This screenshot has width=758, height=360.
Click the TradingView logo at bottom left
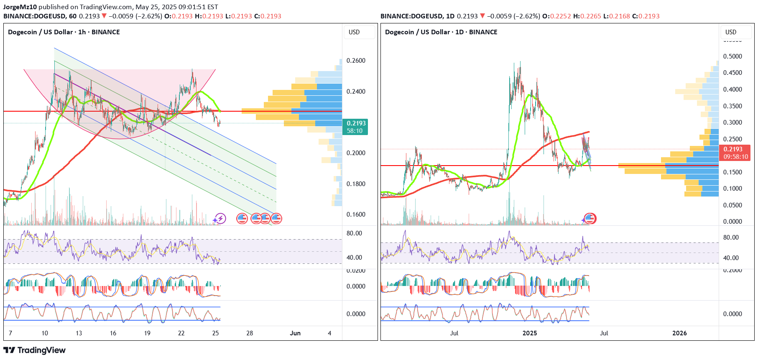[34, 350]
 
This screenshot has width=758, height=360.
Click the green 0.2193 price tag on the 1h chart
[355, 127]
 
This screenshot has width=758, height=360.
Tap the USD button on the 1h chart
[354, 32]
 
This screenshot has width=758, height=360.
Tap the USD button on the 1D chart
[731, 32]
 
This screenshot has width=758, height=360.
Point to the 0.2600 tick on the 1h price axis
[356, 61]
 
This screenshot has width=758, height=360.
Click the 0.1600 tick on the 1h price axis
[356, 214]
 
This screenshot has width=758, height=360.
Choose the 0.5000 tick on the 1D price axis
[732, 56]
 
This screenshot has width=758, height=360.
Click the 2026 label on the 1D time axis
[679, 333]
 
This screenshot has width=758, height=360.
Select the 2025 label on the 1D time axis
[530, 333]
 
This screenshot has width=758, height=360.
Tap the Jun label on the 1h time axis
[295, 333]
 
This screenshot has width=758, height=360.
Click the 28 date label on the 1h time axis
[250, 333]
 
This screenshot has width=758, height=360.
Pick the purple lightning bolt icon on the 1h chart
[220, 218]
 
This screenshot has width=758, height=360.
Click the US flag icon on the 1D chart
[590, 218]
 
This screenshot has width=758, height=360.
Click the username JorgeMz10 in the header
[20, 7]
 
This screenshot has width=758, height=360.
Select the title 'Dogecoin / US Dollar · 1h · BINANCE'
[64, 32]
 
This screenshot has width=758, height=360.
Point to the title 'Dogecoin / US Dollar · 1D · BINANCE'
[441, 32]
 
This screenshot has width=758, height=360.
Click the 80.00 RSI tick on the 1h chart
[354, 233]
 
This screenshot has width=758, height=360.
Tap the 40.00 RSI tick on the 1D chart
[731, 258]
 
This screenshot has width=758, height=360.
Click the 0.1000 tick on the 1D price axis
[732, 189]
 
